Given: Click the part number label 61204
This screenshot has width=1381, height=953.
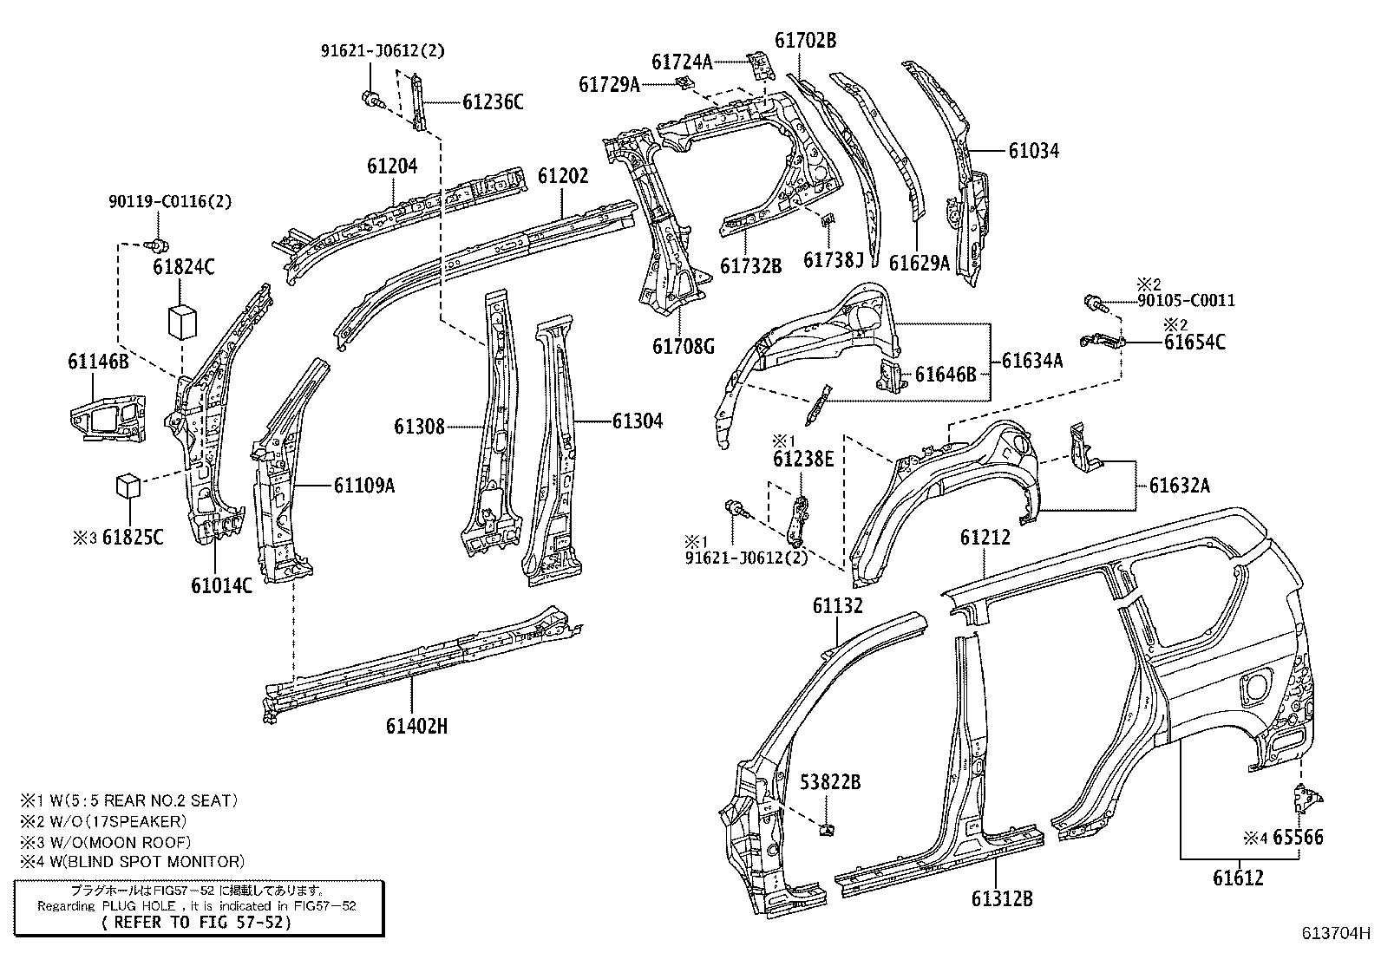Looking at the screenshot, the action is pyautogui.click(x=392, y=166).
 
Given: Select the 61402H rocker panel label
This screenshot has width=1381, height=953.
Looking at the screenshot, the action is pyautogui.click(x=416, y=726).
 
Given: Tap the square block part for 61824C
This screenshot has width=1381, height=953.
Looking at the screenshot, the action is pyautogui.click(x=182, y=321).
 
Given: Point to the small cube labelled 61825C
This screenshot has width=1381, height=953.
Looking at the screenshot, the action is pyautogui.click(x=128, y=486).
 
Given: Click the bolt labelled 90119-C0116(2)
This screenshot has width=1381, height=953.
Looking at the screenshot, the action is pyautogui.click(x=158, y=246).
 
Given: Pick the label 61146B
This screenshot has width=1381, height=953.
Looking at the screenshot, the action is pyautogui.click(x=99, y=362).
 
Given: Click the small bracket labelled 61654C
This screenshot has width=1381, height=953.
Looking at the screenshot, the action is pyautogui.click(x=1102, y=340).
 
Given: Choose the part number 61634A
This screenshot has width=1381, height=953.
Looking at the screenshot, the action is pyautogui.click(x=1032, y=360).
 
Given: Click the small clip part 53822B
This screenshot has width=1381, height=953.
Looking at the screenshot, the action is pyautogui.click(x=826, y=829).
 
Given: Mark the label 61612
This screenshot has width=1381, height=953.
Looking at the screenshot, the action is pyautogui.click(x=1238, y=878).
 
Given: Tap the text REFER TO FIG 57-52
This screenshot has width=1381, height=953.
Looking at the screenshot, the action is pyautogui.click(x=197, y=923).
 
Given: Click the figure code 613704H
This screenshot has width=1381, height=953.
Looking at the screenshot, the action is pyautogui.click(x=1336, y=933).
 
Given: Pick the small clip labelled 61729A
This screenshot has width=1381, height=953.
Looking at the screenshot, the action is pyautogui.click(x=684, y=82).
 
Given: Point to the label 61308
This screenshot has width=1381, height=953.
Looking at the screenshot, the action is pyautogui.click(x=419, y=426).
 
